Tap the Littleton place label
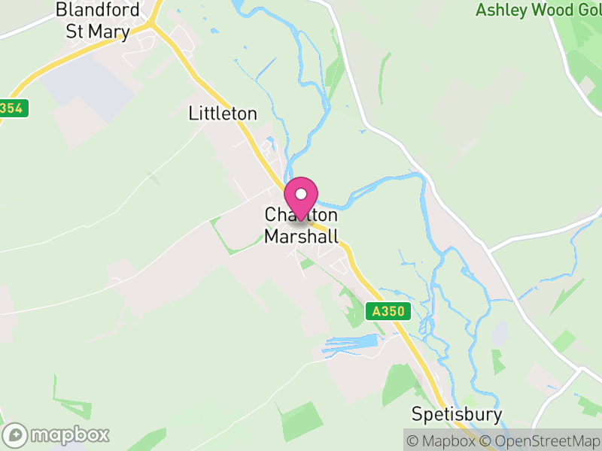click(223, 114)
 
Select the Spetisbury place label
click(456, 414)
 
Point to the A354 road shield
click(13, 108)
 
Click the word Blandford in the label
click(99, 11)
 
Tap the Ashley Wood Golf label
click(538, 11)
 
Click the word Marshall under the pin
click(300, 236)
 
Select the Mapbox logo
click(57, 434)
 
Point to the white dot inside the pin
click(301, 193)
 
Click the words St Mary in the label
click(97, 32)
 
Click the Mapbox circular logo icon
click(16, 434)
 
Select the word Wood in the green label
click(552, 11)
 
